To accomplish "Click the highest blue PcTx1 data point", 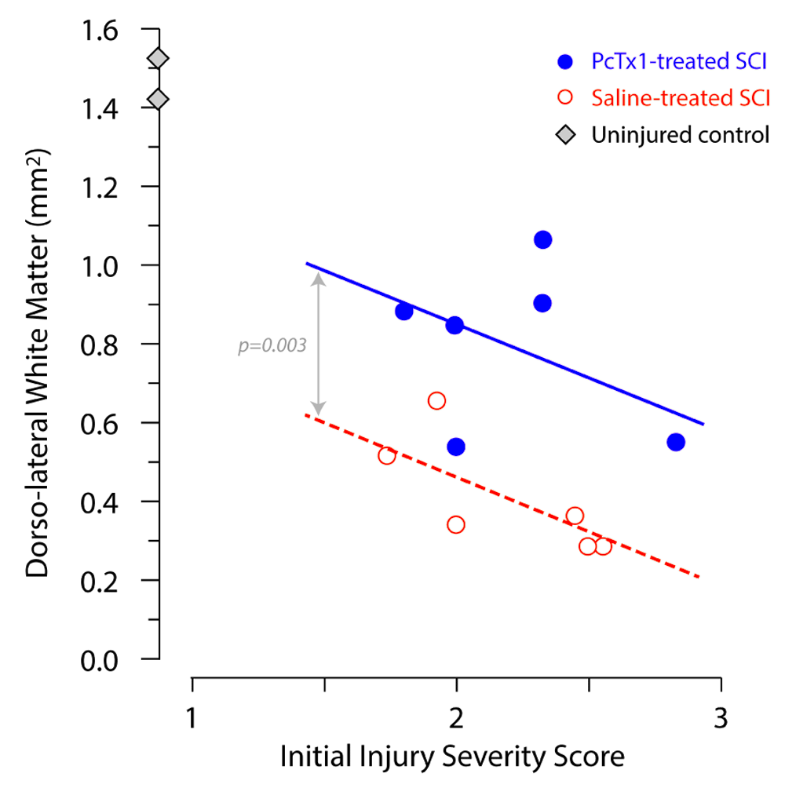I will tap(542, 239).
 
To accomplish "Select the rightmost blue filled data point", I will tap(676, 442).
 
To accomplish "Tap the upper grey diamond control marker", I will tap(159, 59).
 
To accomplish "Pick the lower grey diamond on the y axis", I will tap(159, 100).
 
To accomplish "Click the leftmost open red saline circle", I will tap(386, 455).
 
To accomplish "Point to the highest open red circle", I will tap(436, 400).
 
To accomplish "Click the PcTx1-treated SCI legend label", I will tap(679, 60).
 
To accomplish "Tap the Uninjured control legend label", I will tap(679, 135).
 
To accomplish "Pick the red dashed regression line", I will tap(510, 494).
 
